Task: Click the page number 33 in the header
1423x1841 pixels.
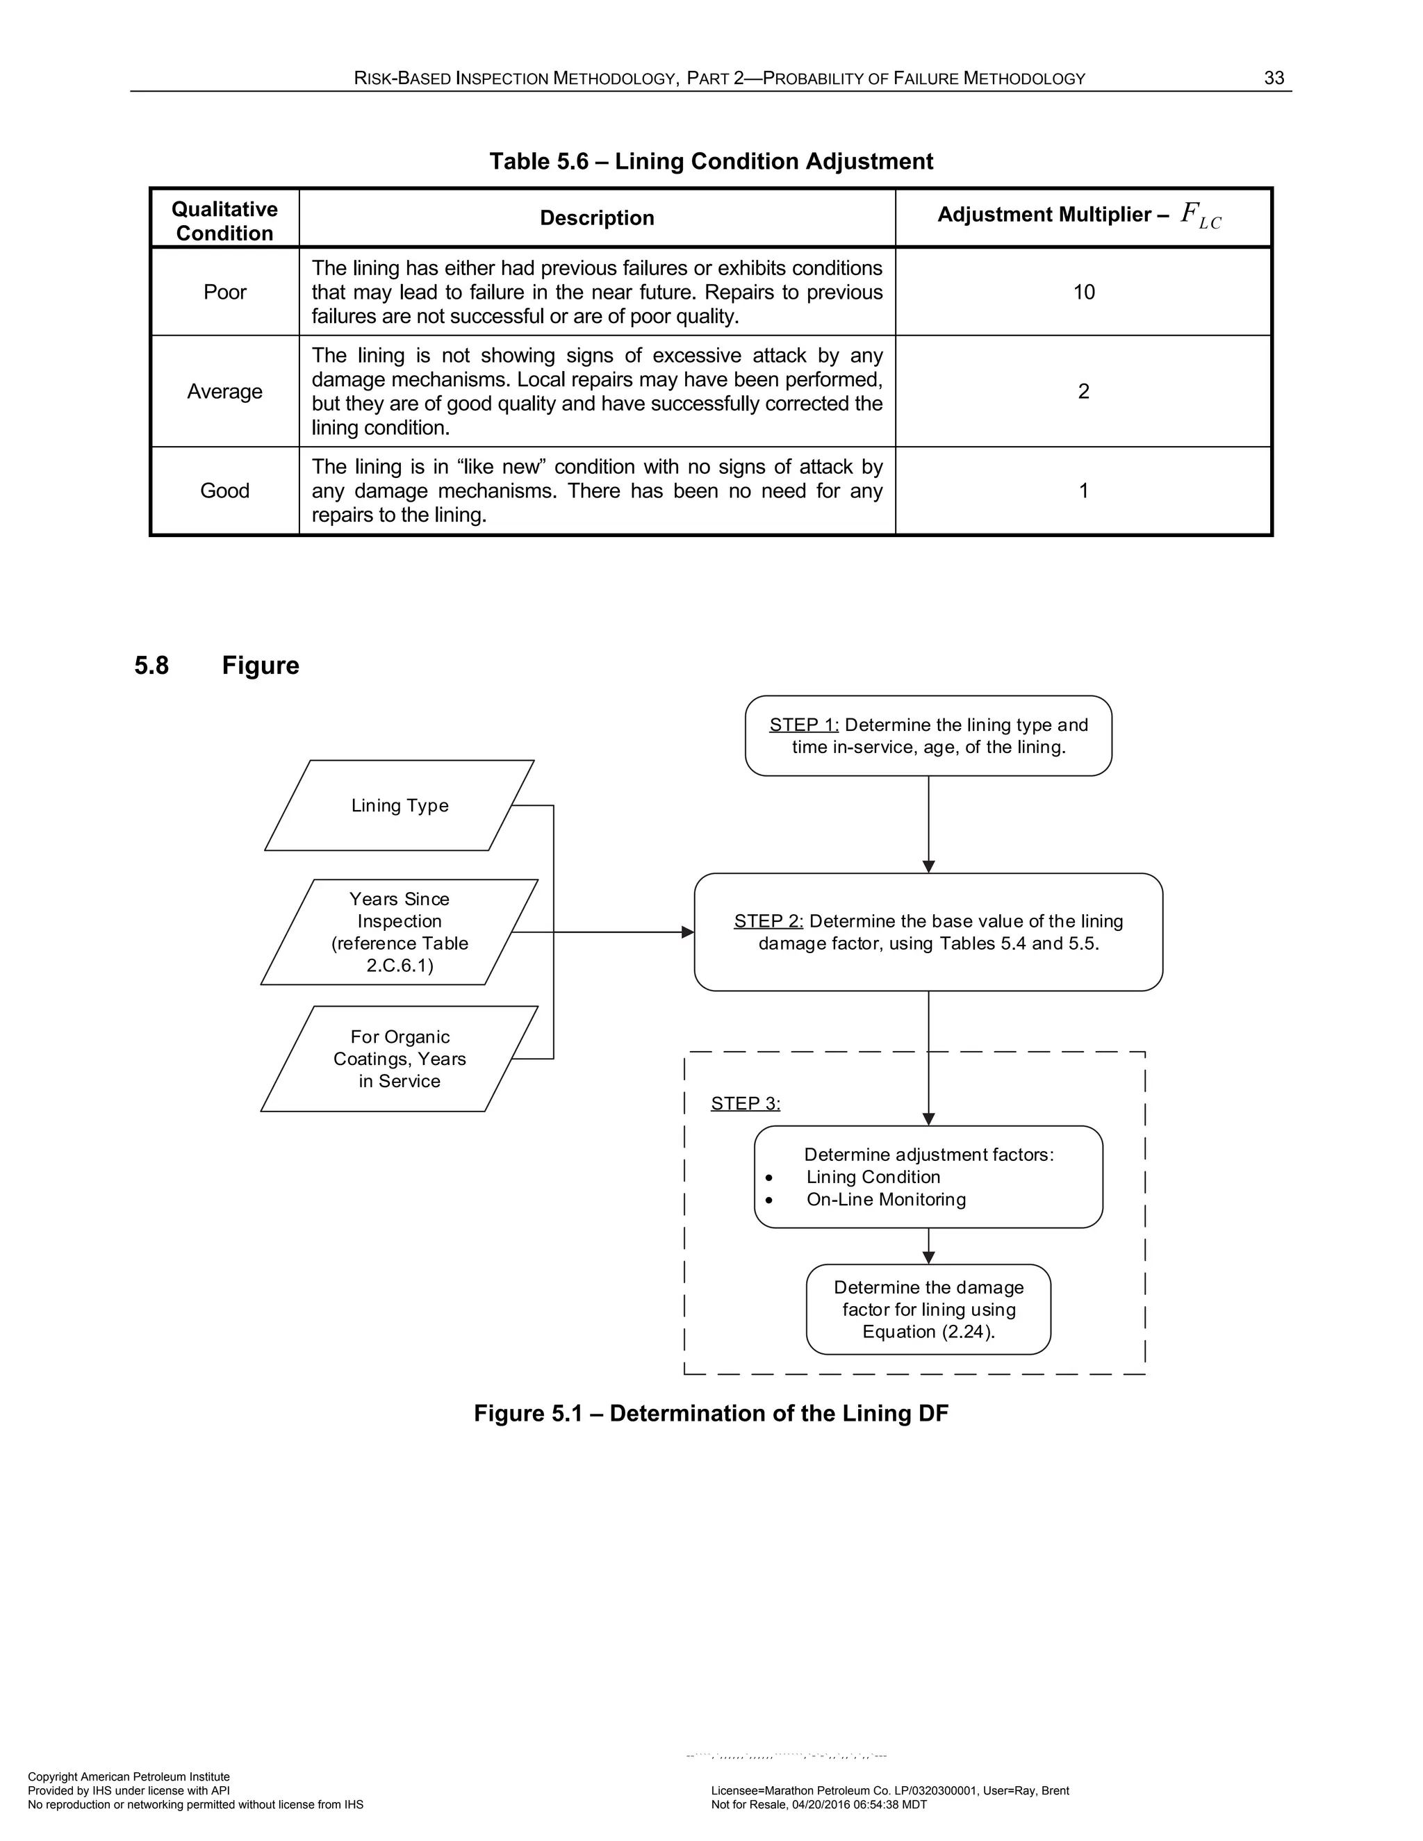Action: coord(1273,79)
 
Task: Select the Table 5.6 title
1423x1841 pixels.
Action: coord(711,161)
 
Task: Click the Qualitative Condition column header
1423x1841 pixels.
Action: coord(224,221)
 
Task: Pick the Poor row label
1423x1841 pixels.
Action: coord(224,292)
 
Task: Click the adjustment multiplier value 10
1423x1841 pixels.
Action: coord(1083,292)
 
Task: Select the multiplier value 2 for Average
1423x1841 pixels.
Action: coord(1083,391)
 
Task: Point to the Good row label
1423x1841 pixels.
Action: coord(224,490)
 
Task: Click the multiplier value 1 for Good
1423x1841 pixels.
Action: coord(1083,490)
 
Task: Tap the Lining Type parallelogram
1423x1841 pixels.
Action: coord(400,806)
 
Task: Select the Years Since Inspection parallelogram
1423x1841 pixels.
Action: coord(400,932)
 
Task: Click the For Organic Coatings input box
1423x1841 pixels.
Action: coord(400,1059)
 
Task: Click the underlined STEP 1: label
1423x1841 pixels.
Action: coord(803,725)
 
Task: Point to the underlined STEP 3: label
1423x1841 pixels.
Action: coord(746,1103)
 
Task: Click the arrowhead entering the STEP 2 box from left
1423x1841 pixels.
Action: coord(688,932)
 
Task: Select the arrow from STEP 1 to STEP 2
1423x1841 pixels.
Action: coord(928,822)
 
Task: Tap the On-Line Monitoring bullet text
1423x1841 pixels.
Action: coord(885,1200)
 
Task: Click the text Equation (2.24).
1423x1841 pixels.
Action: coord(928,1332)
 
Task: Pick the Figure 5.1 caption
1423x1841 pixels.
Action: coord(711,1414)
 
